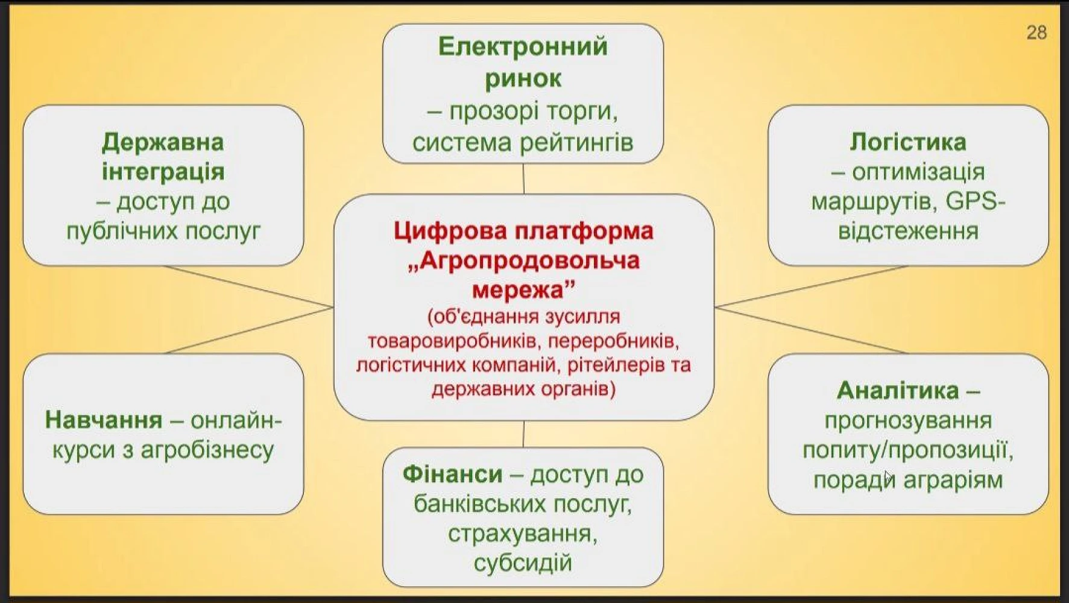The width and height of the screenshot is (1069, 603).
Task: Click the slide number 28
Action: [x=1036, y=33]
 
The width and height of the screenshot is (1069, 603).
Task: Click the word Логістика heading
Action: [x=907, y=142]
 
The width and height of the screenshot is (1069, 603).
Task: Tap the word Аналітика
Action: [x=897, y=391]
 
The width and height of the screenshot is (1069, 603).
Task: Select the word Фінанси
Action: [x=452, y=474]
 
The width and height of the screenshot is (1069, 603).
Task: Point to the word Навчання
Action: [x=104, y=420]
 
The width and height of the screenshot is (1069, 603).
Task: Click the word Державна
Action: [x=163, y=142]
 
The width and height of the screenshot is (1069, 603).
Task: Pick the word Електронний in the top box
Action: [x=523, y=47]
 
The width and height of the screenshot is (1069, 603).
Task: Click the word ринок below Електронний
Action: [x=523, y=78]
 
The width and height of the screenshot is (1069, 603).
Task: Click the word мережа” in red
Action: [x=523, y=290]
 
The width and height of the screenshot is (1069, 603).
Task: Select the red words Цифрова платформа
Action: [x=523, y=231]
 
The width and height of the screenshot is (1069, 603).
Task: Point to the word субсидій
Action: [x=522, y=563]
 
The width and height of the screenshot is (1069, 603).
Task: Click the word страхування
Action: [x=522, y=534]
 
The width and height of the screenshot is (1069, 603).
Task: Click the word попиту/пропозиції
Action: [x=907, y=450]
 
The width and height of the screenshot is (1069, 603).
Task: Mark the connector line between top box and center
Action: [x=523, y=178]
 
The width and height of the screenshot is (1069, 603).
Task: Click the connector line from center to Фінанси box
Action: [x=523, y=434]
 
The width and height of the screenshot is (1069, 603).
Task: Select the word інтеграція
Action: [x=163, y=172]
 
